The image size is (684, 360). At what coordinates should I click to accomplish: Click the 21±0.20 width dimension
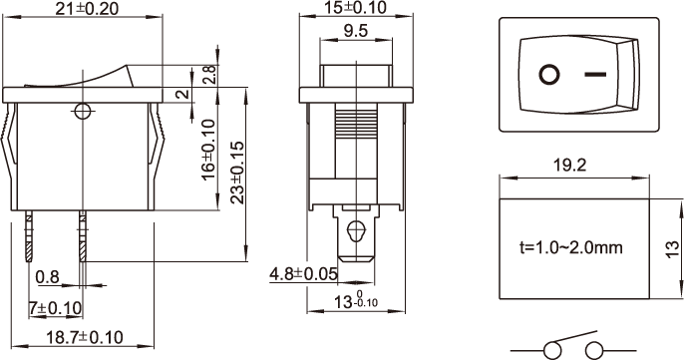point(87,9)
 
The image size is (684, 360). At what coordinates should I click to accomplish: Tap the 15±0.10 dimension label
point(355,7)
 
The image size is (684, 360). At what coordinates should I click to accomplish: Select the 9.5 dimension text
point(356,31)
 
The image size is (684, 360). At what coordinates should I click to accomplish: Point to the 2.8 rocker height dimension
point(209,75)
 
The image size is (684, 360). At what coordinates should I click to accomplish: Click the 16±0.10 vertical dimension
point(209,150)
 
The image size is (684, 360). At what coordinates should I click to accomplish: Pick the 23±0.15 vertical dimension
point(238,173)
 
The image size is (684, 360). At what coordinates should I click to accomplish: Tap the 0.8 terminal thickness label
point(48,277)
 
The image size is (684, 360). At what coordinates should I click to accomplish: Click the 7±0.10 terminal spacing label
point(56,308)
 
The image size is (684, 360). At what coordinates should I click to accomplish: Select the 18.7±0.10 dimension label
point(85,337)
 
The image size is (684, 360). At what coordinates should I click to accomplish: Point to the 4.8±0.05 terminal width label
point(303,274)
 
